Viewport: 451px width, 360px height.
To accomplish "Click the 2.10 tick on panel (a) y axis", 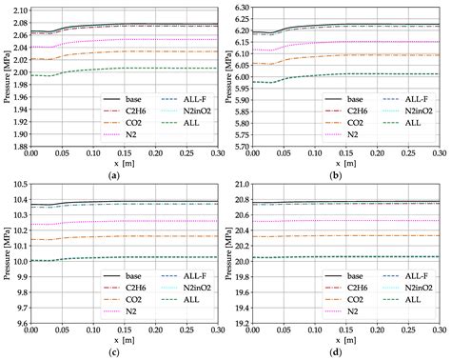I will pyautogui.click(x=18, y=9).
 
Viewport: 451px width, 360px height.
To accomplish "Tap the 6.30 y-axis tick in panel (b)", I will pyautogui.click(x=243, y=9).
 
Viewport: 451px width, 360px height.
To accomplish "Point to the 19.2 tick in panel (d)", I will pyautogui.click(x=243, y=323).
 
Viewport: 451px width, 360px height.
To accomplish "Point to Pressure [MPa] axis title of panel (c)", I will pyautogui.click(x=7, y=251).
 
